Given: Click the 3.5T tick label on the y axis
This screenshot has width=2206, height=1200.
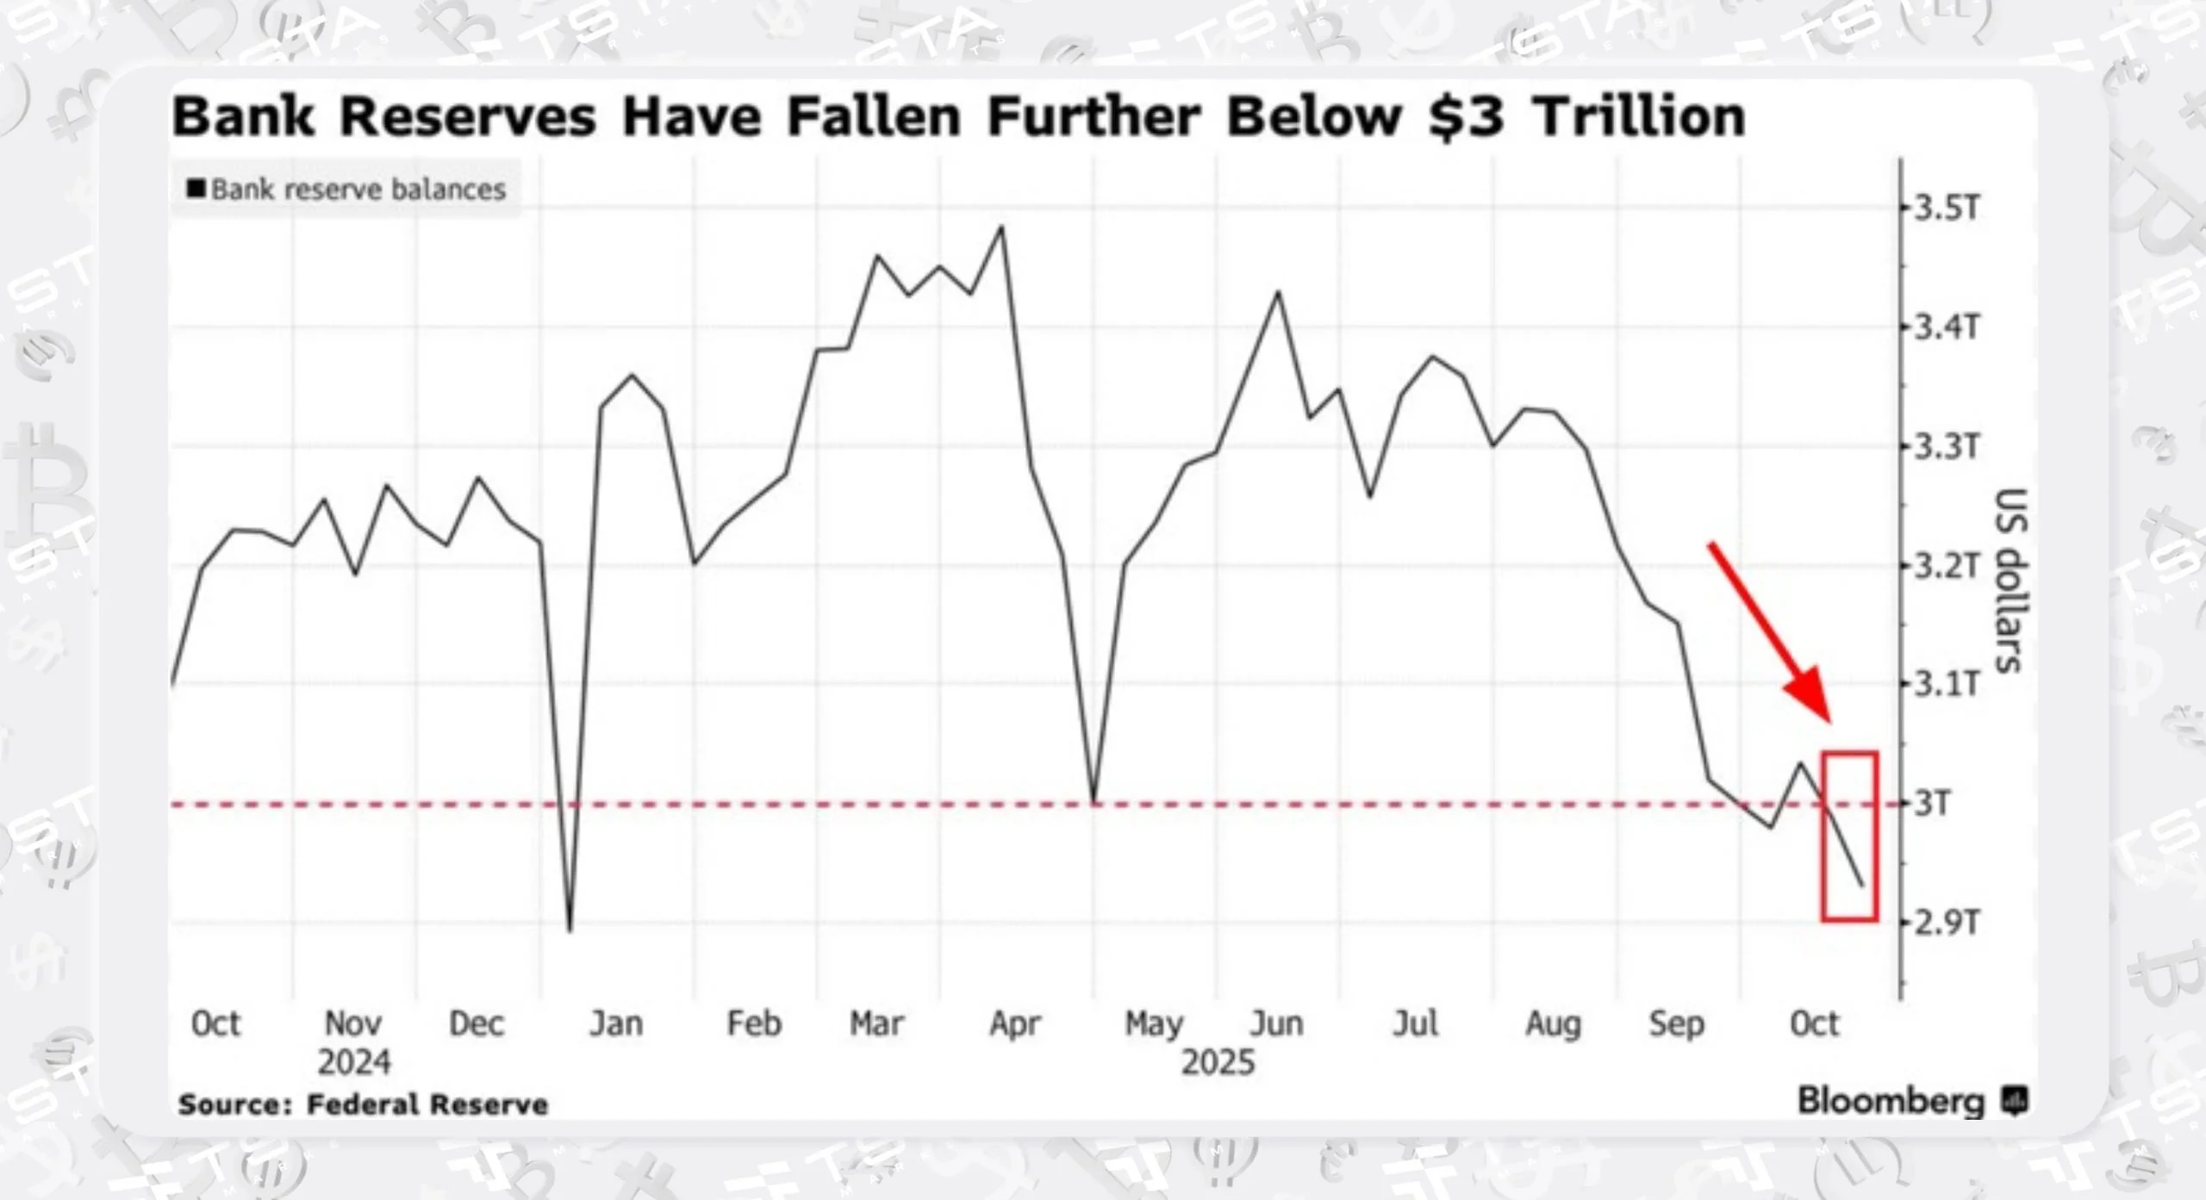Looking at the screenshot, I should pos(1946,208).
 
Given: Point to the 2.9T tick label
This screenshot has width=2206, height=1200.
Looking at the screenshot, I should pos(1946,923).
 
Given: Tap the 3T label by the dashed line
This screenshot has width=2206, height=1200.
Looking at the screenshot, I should pos(1932,804).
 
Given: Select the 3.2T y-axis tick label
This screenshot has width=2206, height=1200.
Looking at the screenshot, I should pos(1946,566).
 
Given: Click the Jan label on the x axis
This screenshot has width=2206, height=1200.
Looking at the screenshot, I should pos(616,1023).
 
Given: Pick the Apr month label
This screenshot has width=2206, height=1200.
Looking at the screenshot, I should pos(1015,1023).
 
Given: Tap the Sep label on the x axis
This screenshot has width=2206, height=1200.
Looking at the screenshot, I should pos(1676,1023).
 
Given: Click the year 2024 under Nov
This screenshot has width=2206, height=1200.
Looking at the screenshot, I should pos(353,1062).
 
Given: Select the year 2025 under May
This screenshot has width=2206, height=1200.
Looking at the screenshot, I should pos(1217,1062).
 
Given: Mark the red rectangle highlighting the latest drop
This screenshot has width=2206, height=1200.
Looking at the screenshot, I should pos(1849,836).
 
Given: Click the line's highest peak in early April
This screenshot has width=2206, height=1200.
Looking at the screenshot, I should pos(1001,227).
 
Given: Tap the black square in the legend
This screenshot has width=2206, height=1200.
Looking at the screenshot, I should pos(196,188).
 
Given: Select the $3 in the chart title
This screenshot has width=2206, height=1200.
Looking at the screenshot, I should pos(1466,116).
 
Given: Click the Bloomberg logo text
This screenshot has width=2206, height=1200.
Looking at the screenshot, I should pos(1891,1101).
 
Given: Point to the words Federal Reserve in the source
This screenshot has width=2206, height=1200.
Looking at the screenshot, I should pos(427,1104).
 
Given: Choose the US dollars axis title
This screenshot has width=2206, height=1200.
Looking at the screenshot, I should pos(2010,580).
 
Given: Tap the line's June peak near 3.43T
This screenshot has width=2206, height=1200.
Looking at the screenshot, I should pos(1278,293).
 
